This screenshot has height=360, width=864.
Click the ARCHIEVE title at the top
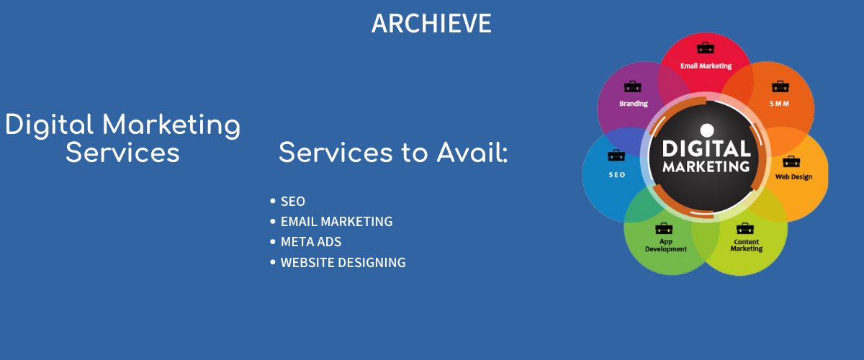pos(431,23)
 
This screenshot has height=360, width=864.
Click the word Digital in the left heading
pos(50,125)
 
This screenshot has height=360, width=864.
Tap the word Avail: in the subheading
pos(472,153)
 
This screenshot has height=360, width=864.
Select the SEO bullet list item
pos(293,202)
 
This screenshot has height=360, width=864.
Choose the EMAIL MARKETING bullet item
pos(336,222)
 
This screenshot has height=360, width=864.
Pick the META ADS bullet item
pos(311,242)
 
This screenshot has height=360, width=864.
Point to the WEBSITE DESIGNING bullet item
pos(343,262)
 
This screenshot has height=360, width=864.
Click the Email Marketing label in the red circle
pos(706,66)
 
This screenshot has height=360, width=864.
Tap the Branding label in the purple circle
pos(634,104)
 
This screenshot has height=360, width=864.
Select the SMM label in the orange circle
pos(780,104)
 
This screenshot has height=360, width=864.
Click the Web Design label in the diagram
pos(793,176)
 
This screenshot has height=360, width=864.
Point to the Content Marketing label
pos(747,246)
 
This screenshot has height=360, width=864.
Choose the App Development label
pos(666,246)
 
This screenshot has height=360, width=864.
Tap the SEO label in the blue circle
pos(617,175)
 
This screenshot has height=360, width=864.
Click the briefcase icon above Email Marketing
pos(706,48)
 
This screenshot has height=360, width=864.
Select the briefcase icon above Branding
pos(633,86)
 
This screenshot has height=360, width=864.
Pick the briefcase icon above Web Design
pos(791,161)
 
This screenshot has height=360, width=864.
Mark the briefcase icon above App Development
pos(664,228)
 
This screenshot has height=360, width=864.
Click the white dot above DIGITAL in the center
pos(707,130)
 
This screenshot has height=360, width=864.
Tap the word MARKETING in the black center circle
pos(706,167)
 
